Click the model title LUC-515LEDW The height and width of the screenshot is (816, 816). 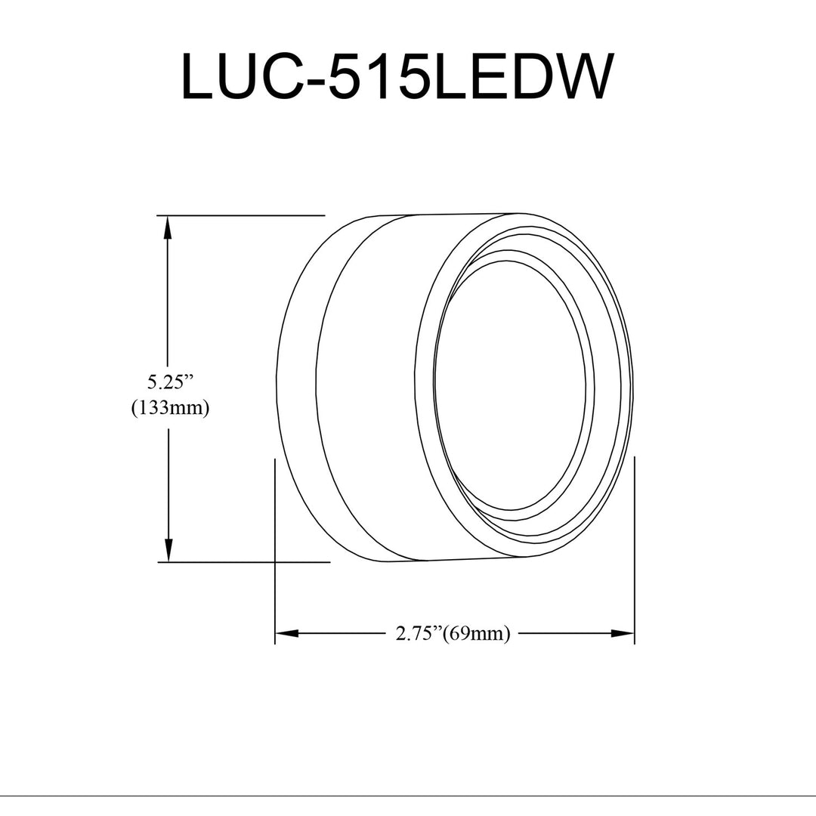[x=395, y=76]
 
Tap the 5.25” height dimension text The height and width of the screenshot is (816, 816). [x=170, y=383]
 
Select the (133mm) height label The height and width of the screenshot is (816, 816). [x=170, y=407]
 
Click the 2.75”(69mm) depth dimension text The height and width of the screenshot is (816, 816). [x=453, y=633]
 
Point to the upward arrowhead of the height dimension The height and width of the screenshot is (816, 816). [x=168, y=228]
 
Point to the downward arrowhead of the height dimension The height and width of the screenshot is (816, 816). [x=168, y=549]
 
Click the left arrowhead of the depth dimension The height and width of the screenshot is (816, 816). [x=287, y=633]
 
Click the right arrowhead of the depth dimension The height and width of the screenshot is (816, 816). [x=623, y=633]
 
